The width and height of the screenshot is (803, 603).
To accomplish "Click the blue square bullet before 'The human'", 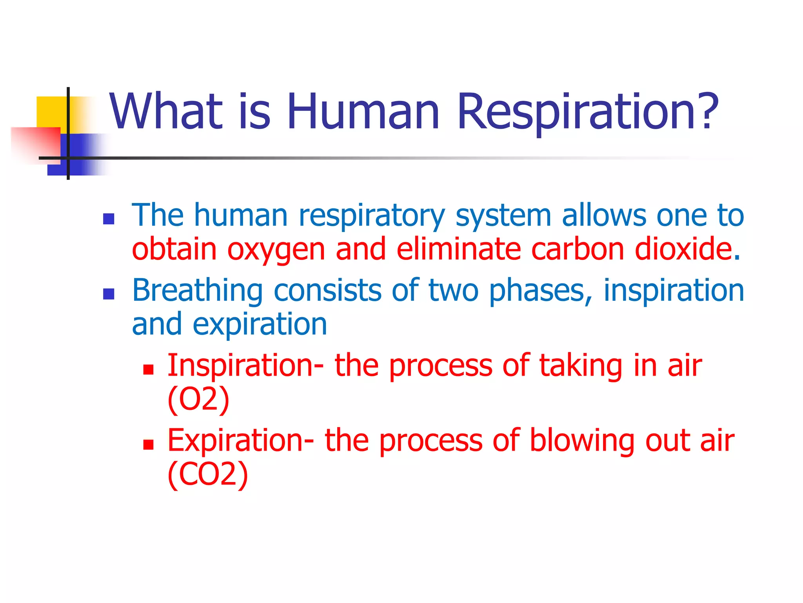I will [109, 219].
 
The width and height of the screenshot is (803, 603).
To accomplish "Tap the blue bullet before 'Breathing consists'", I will [109, 294].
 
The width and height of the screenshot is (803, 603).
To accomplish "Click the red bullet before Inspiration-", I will [148, 369].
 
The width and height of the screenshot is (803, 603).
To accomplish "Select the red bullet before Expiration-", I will [148, 444].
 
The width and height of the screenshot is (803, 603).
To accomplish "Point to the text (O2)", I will [198, 400].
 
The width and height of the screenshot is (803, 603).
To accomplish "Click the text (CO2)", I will [208, 475].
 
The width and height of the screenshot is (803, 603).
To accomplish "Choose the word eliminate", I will [458, 249].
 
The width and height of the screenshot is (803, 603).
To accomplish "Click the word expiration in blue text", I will [260, 325].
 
